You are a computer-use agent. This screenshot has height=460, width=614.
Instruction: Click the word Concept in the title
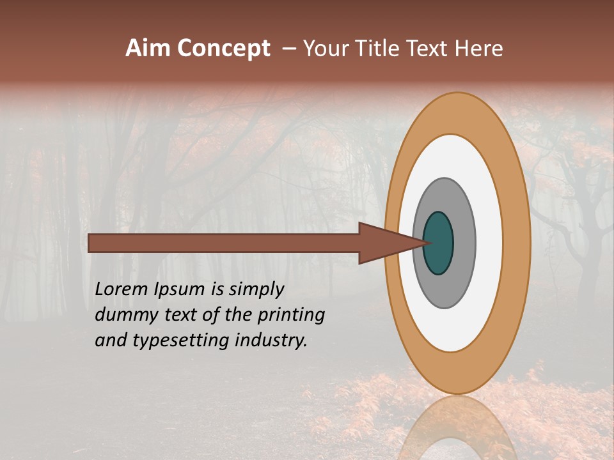pyautogui.click(x=223, y=49)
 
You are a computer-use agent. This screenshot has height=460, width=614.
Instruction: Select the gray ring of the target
pyautogui.click(x=464, y=243)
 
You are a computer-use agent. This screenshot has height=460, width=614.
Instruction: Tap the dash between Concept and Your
pyautogui.click(x=288, y=49)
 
